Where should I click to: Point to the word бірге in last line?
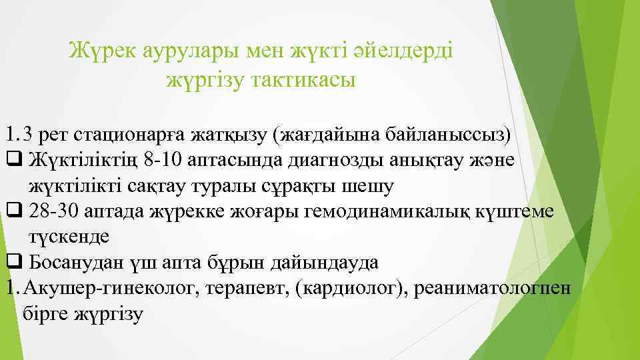48,313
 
